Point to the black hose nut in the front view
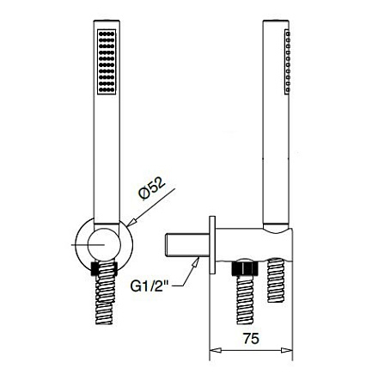pos(105,267)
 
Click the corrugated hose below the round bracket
pos(105,297)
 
